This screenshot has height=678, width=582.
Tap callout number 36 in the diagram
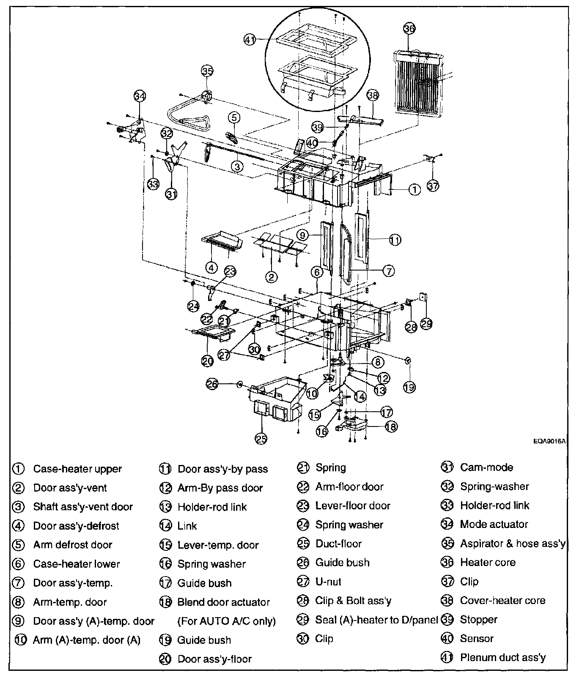(409, 29)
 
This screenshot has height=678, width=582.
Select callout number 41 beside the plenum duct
(250, 40)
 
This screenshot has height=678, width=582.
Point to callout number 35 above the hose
(207, 71)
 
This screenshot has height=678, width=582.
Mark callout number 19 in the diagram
(409, 387)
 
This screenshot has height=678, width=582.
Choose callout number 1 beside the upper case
(415, 190)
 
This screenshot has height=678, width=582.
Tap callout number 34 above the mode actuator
(140, 96)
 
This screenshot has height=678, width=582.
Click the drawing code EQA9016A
(549, 441)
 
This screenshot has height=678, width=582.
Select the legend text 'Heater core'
(488, 563)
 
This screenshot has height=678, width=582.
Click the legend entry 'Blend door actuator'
(223, 602)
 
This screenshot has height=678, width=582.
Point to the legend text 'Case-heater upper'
(77, 469)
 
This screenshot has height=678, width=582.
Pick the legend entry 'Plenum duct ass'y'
(503, 658)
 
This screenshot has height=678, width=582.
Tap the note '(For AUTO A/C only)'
(226, 621)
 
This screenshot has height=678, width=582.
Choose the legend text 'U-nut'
(328, 582)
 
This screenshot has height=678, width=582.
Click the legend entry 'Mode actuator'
(494, 525)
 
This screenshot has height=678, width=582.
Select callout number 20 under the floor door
(207, 361)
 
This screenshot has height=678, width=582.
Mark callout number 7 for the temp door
(388, 271)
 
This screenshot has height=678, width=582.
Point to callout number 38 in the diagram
(372, 95)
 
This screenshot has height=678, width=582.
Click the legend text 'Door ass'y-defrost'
(76, 526)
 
